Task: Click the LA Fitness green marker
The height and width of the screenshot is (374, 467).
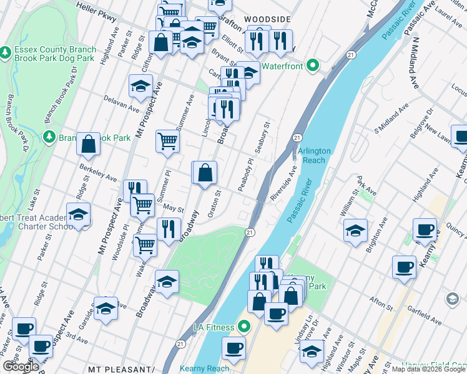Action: [244, 327]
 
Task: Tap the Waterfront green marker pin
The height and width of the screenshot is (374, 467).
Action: [313, 65]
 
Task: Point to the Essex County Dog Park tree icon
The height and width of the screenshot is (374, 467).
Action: [6, 50]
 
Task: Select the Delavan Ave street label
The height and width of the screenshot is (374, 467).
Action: [120, 103]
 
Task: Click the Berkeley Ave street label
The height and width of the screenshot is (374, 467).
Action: [98, 173]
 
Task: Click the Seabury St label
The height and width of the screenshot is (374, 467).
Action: [262, 138]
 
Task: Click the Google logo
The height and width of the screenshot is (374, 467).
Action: [21, 367]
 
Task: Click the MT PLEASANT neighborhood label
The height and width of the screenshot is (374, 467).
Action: [121, 369]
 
